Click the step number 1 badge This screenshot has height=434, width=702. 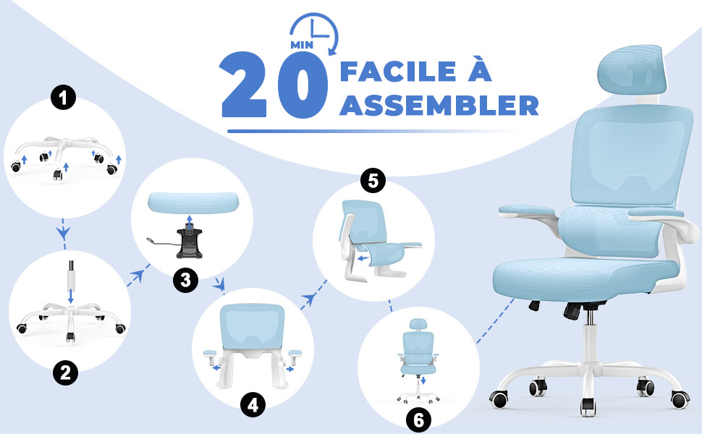pos(64,98)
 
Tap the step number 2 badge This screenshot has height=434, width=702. pos(65,373)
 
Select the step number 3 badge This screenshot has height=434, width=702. pos(186,281)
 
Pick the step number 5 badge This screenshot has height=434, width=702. pos(373,180)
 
